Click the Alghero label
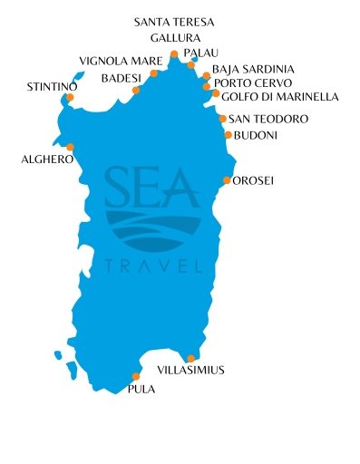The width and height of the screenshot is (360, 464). tap(47, 159)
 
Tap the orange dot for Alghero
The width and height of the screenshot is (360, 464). tap(71, 147)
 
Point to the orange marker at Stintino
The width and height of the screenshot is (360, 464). tap(70, 97)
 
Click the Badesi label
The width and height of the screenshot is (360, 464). tap(119, 79)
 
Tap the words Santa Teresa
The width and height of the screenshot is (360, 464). tap(172, 20)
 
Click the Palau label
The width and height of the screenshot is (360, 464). tap(201, 53)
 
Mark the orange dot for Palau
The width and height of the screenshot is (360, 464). tap(190, 65)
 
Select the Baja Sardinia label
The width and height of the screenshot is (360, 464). tap(254, 69)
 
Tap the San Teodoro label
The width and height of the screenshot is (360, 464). tap(268, 119)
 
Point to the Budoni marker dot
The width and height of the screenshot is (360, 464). tap(228, 135)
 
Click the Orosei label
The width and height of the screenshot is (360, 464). tap(254, 180)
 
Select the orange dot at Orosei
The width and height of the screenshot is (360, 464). tap(227, 180)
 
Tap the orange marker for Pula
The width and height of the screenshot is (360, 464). tap(136, 377)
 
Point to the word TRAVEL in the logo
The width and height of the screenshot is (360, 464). tap(152, 266)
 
